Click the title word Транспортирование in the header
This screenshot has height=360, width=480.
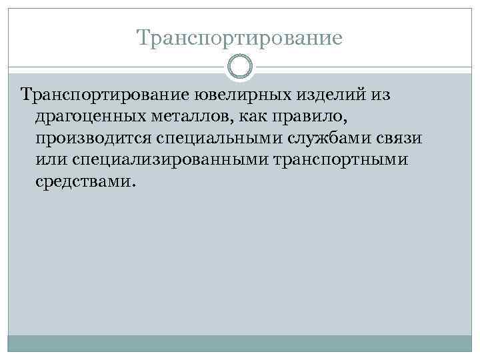(239, 37)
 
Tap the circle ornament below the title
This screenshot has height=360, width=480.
(239, 67)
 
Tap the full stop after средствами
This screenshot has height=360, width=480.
(132, 187)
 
